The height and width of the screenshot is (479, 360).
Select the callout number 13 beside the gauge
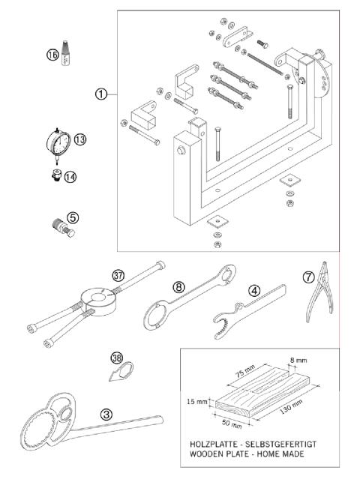point(80,139)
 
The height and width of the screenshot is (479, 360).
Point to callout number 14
point(70,177)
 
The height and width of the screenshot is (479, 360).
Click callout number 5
point(73,218)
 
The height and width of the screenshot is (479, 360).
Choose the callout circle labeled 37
point(118,275)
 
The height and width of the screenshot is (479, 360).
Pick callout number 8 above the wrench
point(178,286)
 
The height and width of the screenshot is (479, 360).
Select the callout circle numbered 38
point(118,358)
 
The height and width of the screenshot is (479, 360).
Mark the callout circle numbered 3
point(107,413)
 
